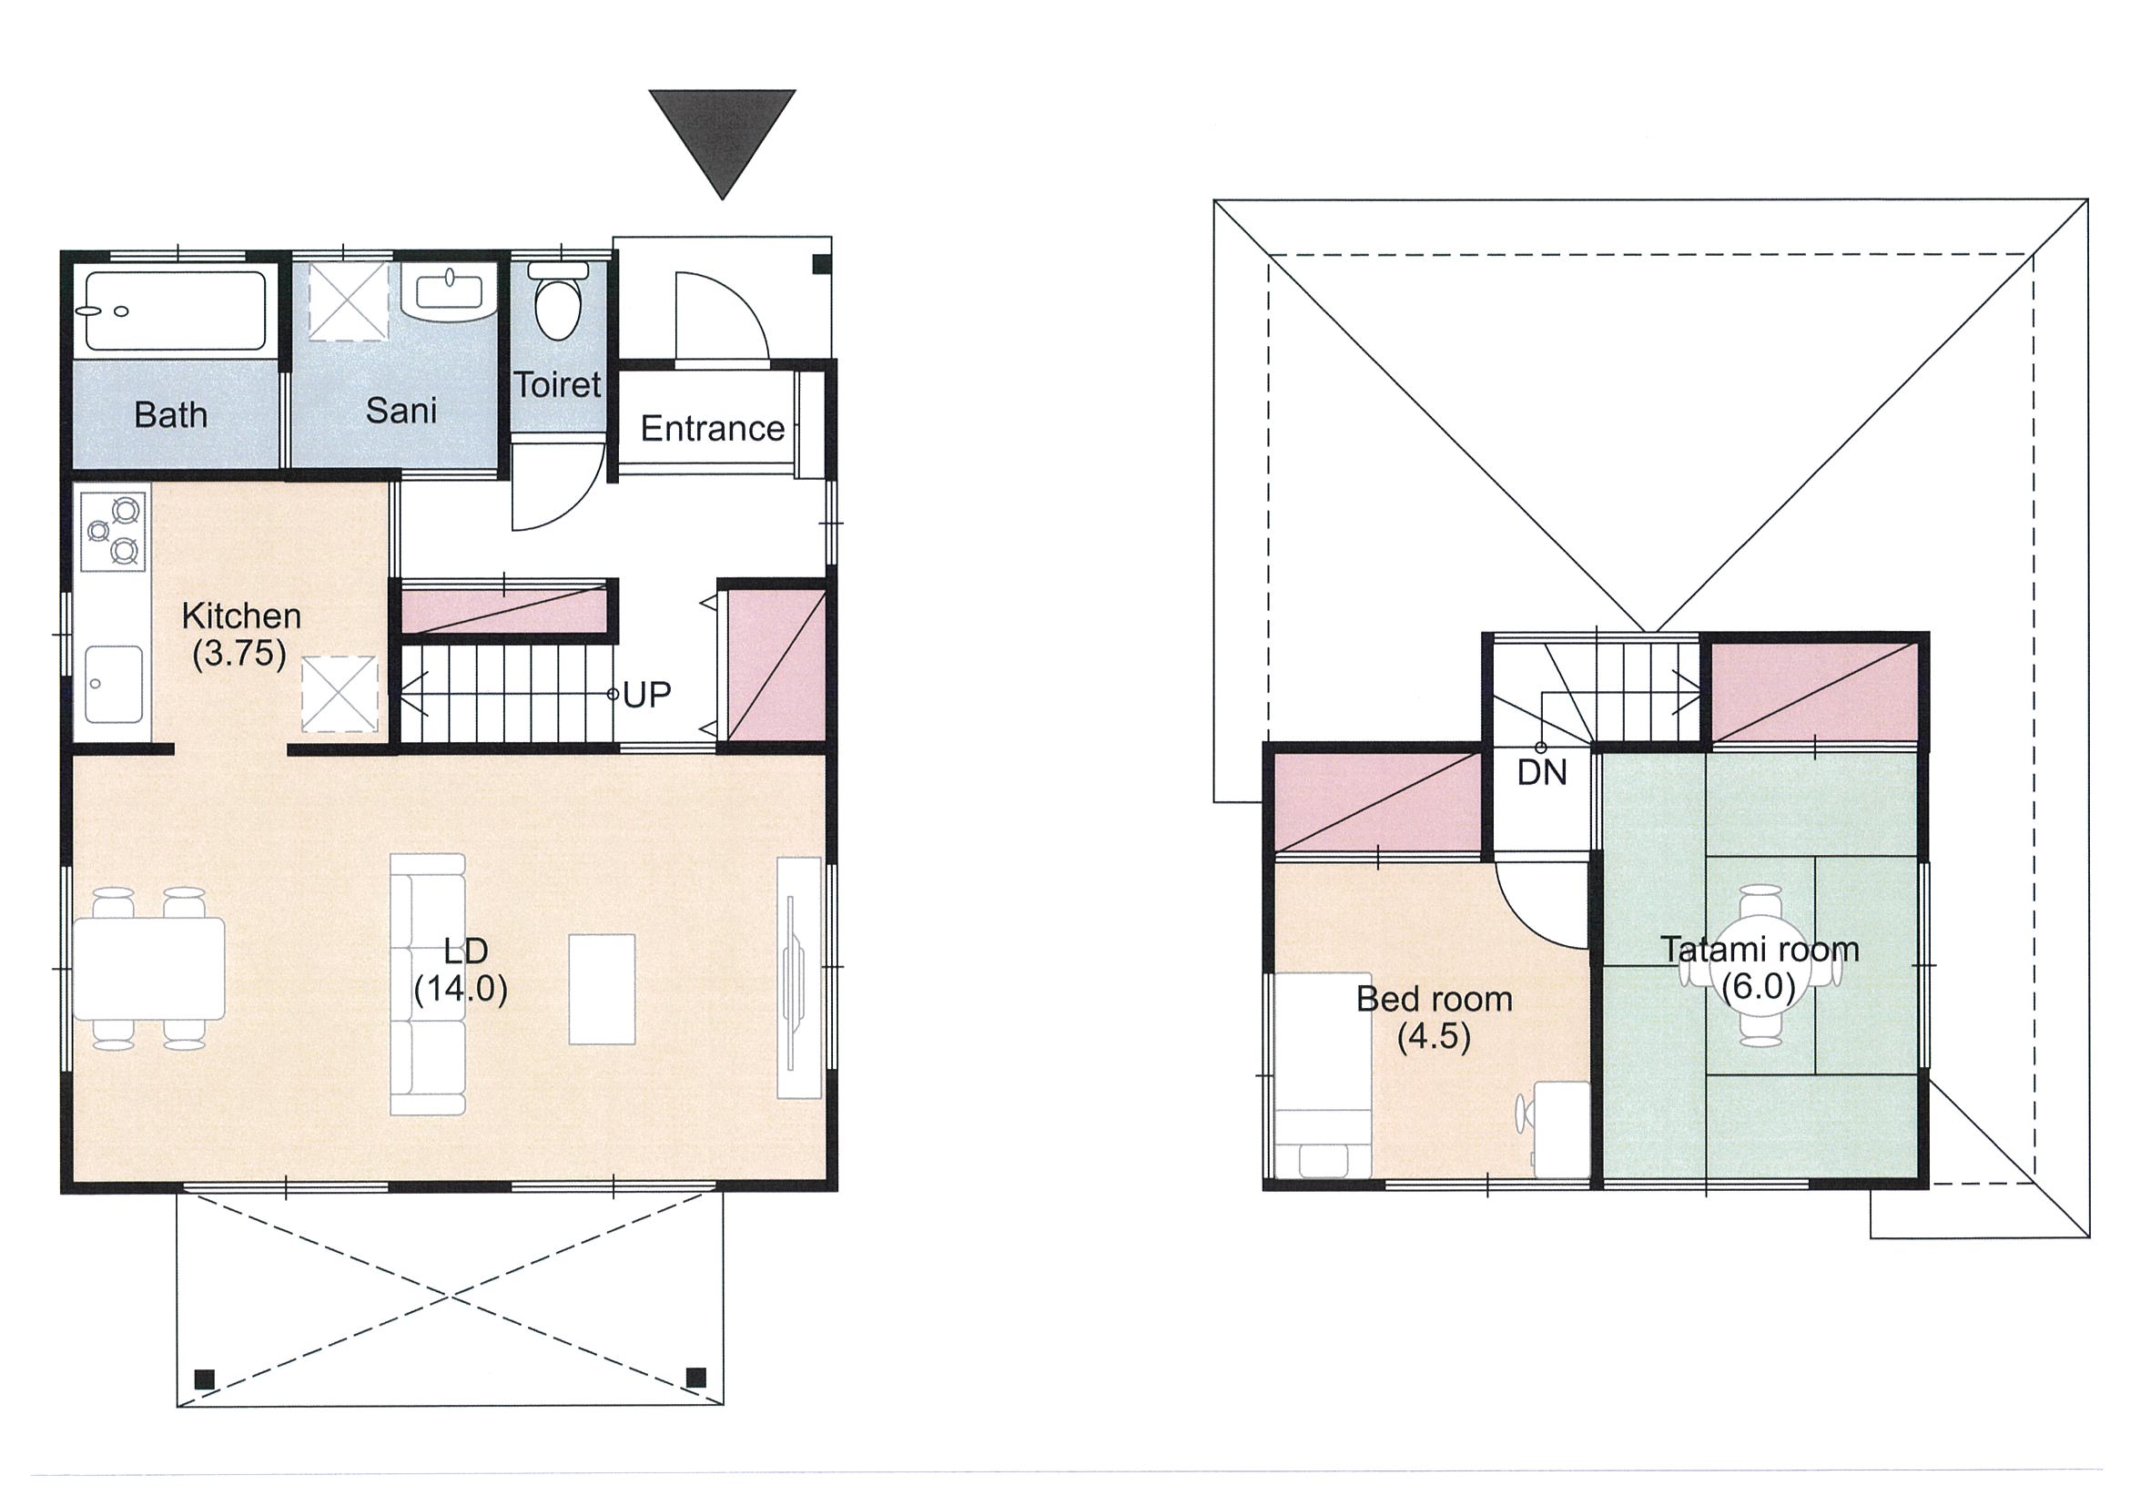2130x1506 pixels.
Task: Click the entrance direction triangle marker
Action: (x=722, y=135)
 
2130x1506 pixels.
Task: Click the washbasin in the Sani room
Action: (x=451, y=292)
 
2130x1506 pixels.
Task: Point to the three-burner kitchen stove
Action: (x=113, y=532)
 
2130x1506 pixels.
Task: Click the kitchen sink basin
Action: (x=113, y=685)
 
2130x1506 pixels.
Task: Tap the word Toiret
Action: (x=558, y=384)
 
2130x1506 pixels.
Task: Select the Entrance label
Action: (x=713, y=429)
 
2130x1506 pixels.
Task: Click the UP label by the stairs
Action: (x=646, y=694)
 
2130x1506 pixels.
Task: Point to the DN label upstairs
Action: (x=1542, y=772)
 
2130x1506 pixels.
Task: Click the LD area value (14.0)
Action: (x=461, y=990)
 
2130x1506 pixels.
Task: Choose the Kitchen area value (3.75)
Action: (x=239, y=654)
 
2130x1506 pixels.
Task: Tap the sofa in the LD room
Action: (x=428, y=983)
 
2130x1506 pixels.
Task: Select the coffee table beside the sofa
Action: (x=602, y=989)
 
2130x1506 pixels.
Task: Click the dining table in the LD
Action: (x=148, y=968)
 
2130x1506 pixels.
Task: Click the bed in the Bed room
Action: (x=1322, y=1075)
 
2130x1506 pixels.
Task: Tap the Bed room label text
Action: (x=1435, y=999)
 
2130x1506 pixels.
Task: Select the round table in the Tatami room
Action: (x=1760, y=966)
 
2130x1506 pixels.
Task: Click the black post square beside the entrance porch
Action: (x=821, y=264)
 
